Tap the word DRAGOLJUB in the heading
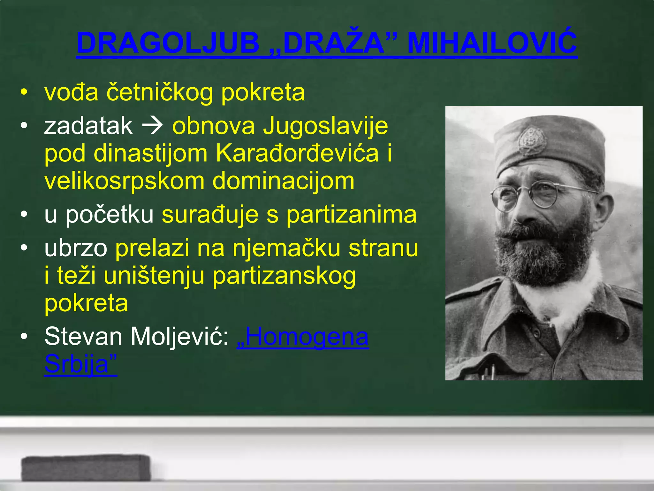[168, 43]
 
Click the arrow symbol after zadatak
[152, 126]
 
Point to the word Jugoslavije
[325, 126]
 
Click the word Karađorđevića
[297, 153]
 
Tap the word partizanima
[351, 215]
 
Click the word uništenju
[154, 276]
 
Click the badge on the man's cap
[532, 141]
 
